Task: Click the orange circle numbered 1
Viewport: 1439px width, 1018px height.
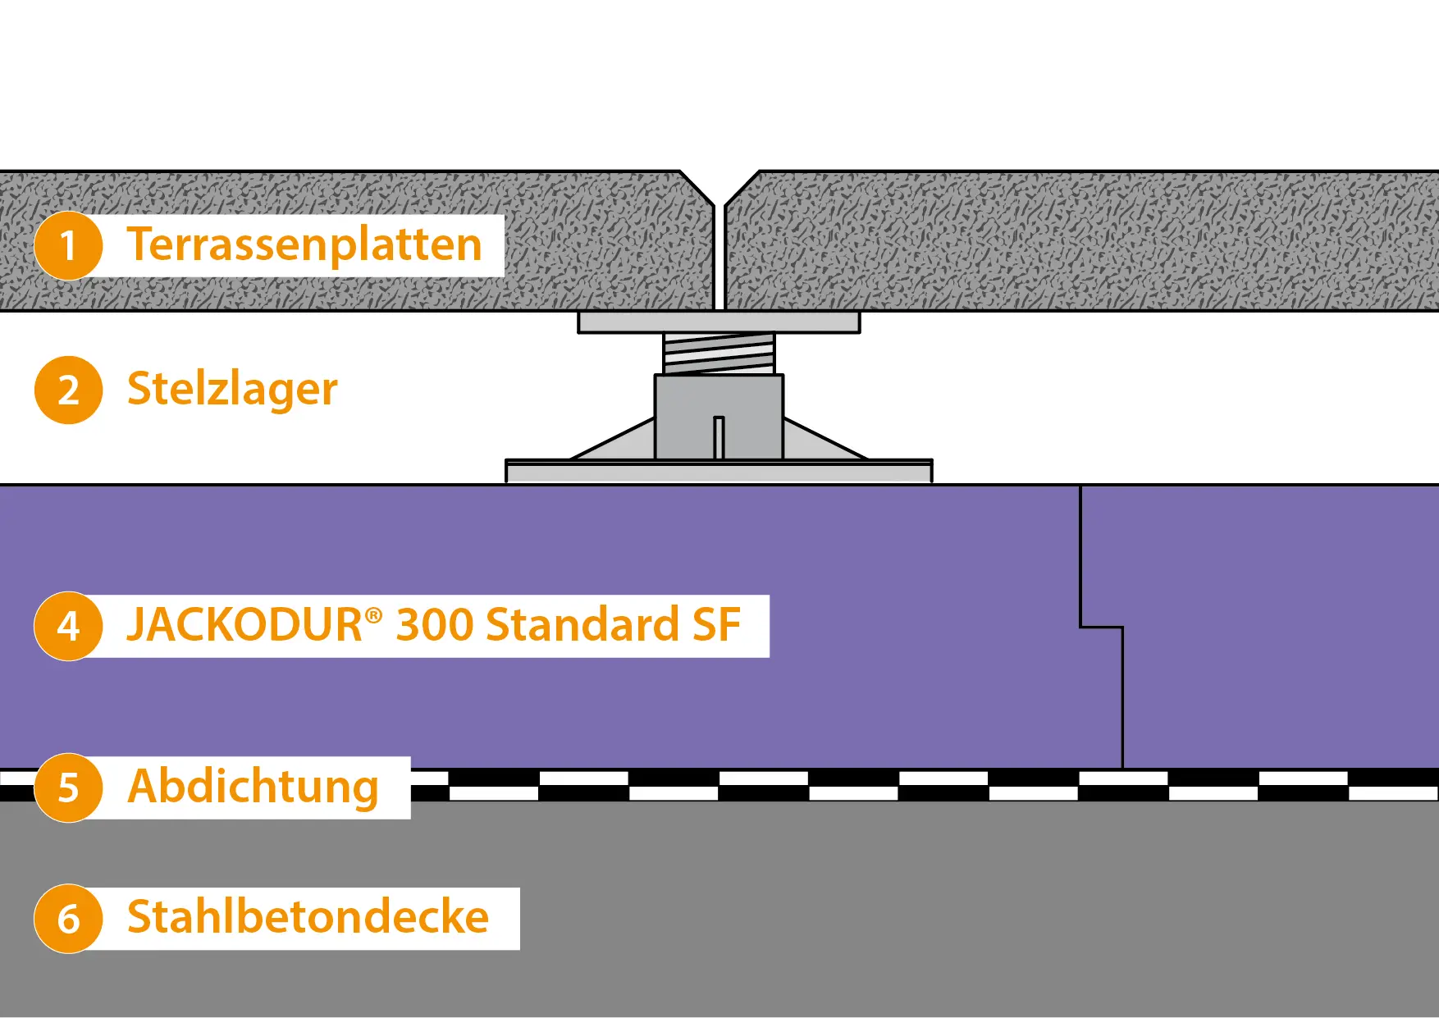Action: (x=68, y=245)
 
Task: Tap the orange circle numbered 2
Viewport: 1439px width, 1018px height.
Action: (x=68, y=390)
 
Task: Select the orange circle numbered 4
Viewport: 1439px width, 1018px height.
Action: (x=68, y=626)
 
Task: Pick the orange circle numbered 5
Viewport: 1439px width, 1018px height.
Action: (x=68, y=787)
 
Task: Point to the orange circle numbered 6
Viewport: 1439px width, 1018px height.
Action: (x=68, y=919)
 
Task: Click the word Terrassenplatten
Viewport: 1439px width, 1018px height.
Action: (x=304, y=245)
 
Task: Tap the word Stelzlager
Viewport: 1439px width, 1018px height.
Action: (x=232, y=390)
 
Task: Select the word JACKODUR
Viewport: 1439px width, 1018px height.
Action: (x=244, y=625)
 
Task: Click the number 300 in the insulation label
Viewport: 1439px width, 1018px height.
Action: (x=435, y=625)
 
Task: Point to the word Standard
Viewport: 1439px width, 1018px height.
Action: (x=582, y=625)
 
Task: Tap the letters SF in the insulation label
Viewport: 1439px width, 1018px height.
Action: (x=716, y=625)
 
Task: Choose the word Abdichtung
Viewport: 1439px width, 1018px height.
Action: (x=254, y=787)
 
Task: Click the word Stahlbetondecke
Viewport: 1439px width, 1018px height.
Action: (x=308, y=917)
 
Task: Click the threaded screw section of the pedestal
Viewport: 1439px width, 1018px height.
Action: (x=719, y=354)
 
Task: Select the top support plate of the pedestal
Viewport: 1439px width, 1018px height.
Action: (x=719, y=322)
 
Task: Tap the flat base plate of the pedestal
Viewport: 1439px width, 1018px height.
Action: (x=719, y=472)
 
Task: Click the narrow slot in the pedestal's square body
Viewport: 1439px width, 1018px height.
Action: (x=719, y=439)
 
